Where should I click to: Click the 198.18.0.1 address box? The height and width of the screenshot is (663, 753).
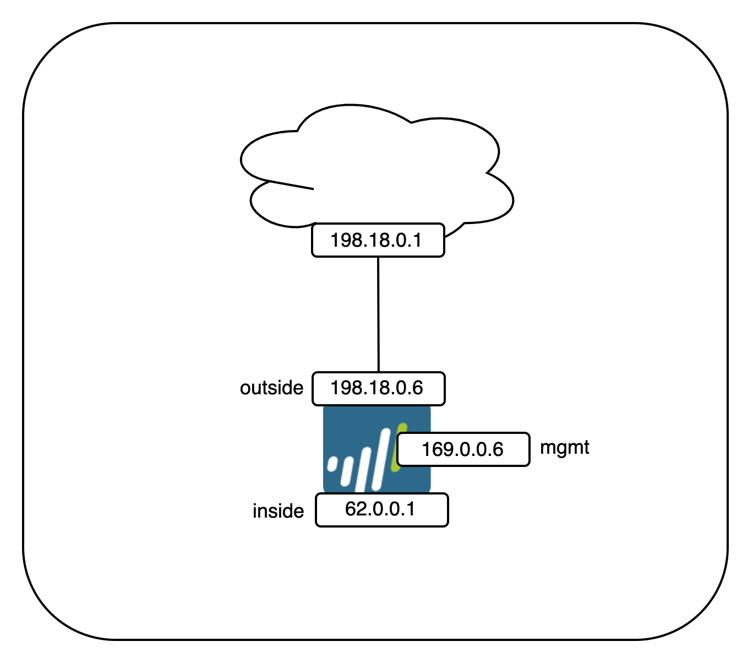pos(378,240)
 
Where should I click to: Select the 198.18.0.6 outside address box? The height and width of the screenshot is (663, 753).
pos(378,388)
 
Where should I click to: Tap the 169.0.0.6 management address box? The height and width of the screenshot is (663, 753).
pos(463,449)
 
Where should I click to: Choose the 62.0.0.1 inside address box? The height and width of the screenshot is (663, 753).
pos(381,509)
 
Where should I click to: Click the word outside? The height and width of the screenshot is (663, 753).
pos(271,388)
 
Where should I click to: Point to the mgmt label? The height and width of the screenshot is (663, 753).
pos(564,448)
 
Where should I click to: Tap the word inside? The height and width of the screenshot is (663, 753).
pos(278,511)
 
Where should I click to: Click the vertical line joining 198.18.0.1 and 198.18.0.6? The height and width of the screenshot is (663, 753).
pos(378,314)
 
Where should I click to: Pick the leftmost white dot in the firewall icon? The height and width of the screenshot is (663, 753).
pos(332,464)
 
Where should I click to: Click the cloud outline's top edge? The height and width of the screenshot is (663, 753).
pos(352,105)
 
